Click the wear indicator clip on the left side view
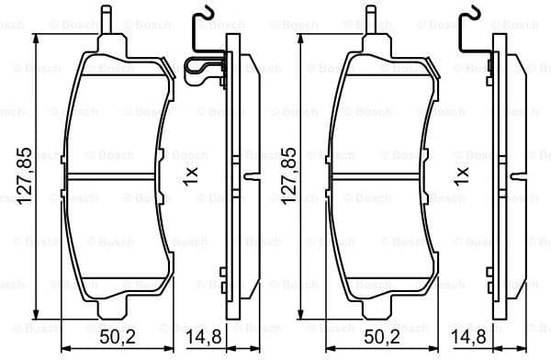click(204, 71)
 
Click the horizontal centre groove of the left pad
click(115, 177)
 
